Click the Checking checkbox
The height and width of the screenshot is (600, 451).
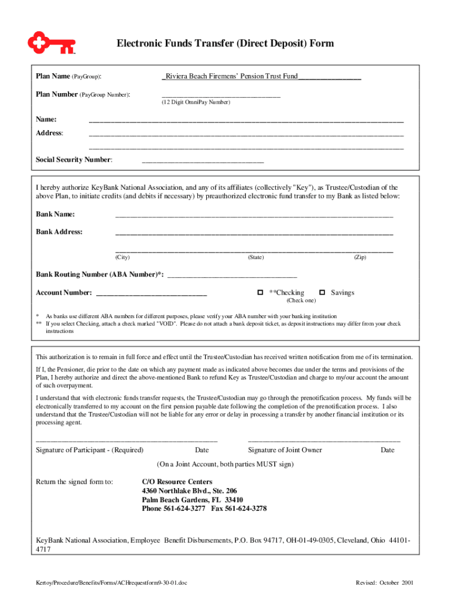[260, 292]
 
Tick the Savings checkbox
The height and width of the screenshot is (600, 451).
[322, 292]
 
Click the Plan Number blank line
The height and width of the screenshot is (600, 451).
[221, 95]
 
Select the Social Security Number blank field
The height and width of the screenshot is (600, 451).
[203, 161]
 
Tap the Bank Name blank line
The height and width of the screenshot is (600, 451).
[254, 216]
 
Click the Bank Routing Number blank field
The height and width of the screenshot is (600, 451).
[233, 275]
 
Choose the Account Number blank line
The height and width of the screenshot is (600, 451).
[151, 294]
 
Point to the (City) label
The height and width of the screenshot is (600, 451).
[122, 258]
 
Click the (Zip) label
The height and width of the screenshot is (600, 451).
[360, 258]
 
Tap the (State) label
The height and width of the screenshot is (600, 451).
[256, 258]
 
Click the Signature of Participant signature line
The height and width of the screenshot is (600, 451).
[127, 439]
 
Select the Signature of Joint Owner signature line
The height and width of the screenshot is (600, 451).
[324, 439]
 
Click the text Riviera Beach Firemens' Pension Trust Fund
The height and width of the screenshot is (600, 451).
[231, 77]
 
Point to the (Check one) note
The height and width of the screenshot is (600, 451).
[301, 301]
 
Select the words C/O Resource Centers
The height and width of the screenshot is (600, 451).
[177, 482]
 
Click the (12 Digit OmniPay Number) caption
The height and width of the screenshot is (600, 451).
[196, 103]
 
